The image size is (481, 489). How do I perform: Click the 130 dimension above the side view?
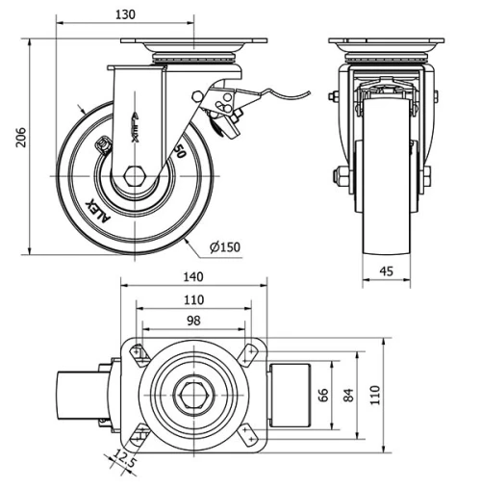[127, 14]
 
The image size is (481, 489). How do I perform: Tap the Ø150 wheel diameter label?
[223, 246]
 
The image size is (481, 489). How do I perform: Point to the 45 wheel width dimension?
[387, 272]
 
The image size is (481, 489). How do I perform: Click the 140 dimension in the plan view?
[193, 275]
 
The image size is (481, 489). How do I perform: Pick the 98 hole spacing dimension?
[193, 321]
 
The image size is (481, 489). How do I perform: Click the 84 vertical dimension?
[350, 395]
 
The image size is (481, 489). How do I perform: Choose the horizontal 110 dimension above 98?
[193, 298]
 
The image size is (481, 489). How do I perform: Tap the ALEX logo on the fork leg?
[136, 125]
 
